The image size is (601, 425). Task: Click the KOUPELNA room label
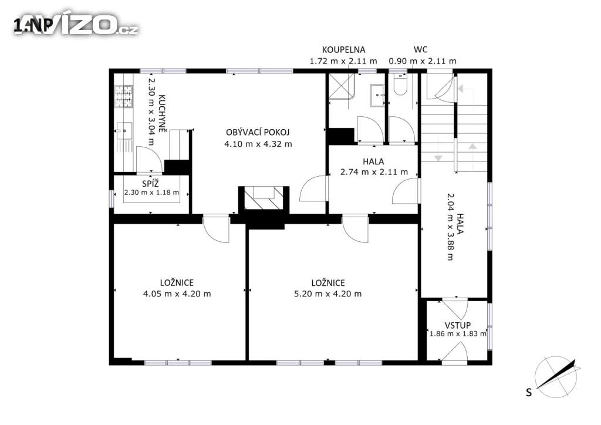[343, 49]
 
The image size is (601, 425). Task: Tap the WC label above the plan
[420, 49]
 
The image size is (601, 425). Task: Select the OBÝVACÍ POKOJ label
[258, 132]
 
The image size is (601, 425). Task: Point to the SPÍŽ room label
[150, 184]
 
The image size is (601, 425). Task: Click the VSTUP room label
[458, 325]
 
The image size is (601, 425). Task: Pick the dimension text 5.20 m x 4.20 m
[327, 294]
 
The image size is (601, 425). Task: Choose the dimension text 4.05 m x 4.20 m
[177, 294]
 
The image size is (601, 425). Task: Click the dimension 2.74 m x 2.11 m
[374, 172]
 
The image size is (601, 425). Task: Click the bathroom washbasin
[377, 95]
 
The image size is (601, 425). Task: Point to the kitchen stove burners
[123, 96]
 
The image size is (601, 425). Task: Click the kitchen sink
[124, 130]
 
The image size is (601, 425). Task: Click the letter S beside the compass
[529, 393]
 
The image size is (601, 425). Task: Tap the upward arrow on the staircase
[472, 146]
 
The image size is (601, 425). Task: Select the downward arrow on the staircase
[438, 158]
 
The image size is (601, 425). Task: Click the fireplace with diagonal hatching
[264, 198]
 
